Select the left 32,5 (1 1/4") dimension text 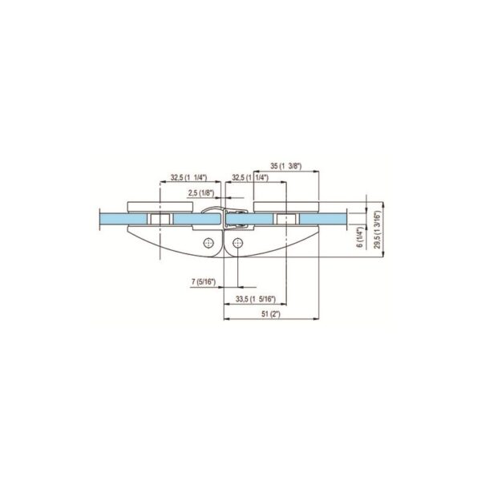click(x=188, y=180)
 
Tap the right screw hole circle click(x=238, y=243)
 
